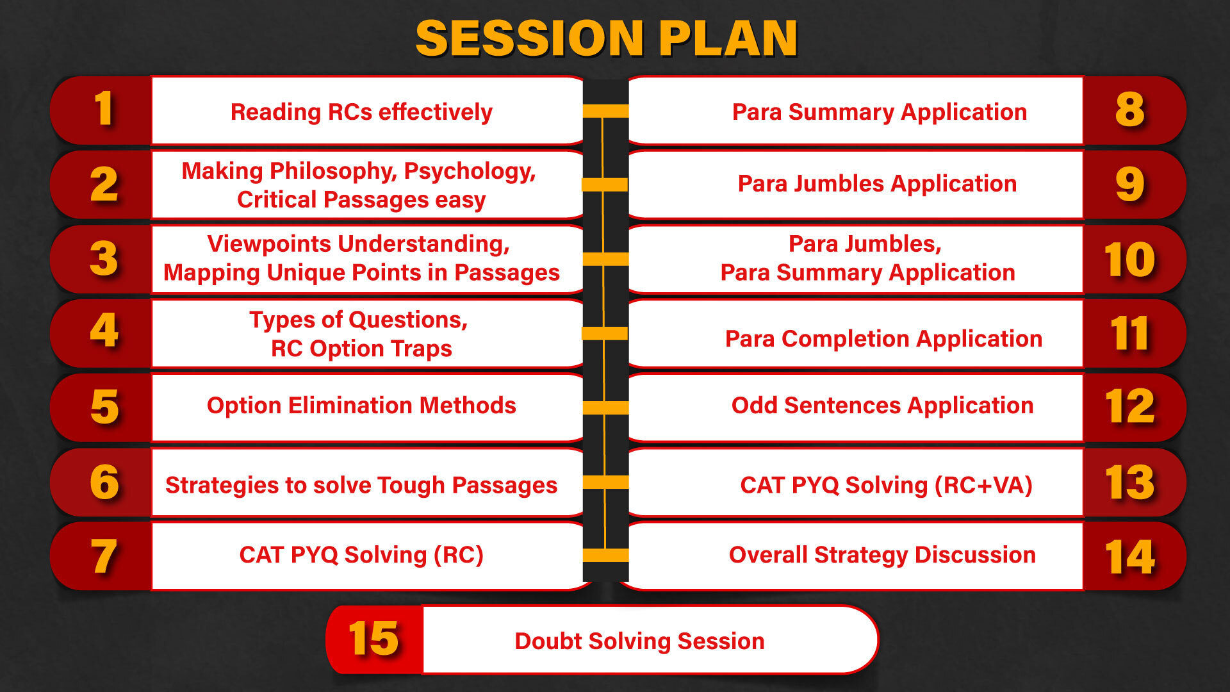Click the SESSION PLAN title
(x=607, y=38)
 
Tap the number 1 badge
(x=104, y=109)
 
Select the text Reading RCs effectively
(x=361, y=112)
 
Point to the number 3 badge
(x=104, y=258)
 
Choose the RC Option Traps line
(x=361, y=349)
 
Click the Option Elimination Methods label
(x=361, y=406)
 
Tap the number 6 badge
(x=104, y=482)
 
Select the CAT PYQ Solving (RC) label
(x=361, y=555)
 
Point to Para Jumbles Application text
(x=877, y=184)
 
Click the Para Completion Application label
(x=883, y=339)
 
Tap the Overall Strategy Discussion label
(x=882, y=555)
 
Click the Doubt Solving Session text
(x=639, y=641)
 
